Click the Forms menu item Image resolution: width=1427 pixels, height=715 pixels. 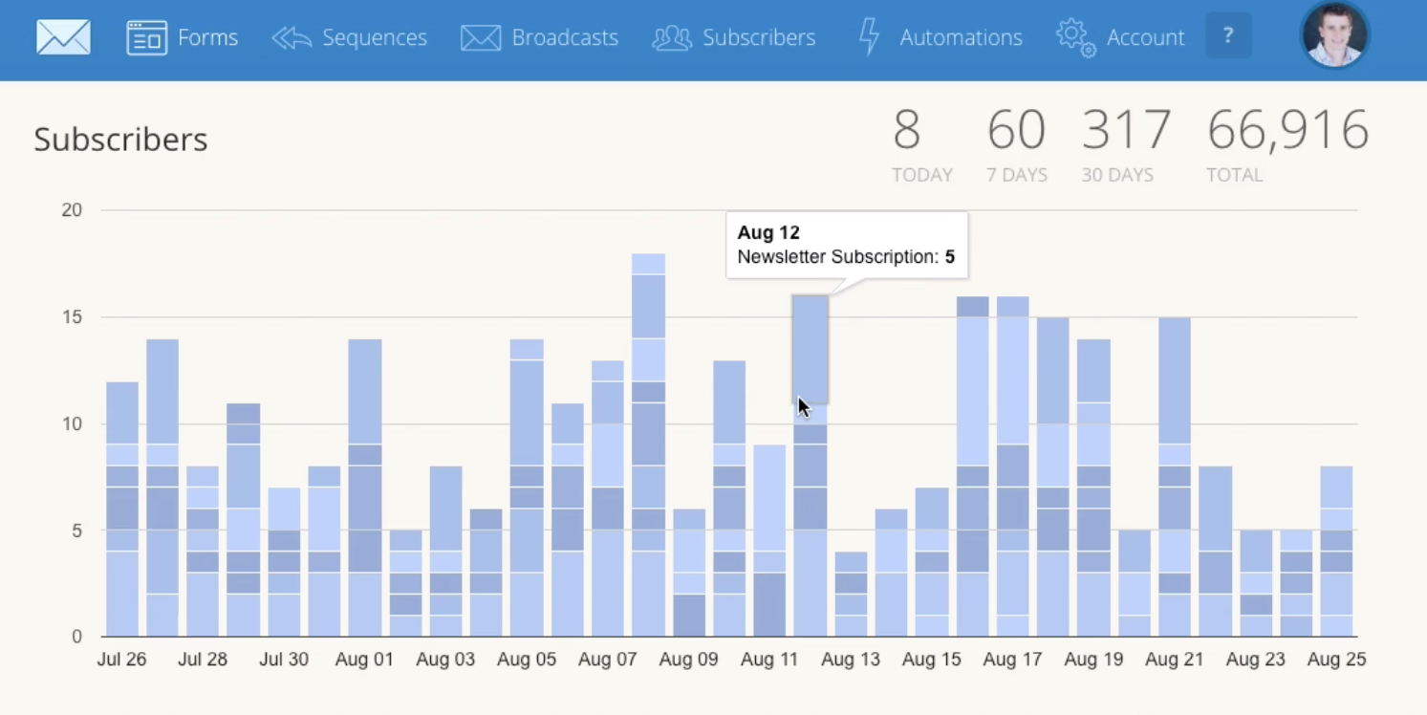pyautogui.click(x=183, y=37)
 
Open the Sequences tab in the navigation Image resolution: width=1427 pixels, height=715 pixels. pyautogui.click(x=350, y=37)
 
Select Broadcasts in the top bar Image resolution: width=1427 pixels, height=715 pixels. pyautogui.click(x=540, y=37)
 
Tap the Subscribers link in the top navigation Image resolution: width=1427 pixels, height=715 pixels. pyautogui.click(x=734, y=37)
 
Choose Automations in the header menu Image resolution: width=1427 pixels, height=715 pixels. pyautogui.click(x=941, y=37)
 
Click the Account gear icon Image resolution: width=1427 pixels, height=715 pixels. pyautogui.click(x=1075, y=37)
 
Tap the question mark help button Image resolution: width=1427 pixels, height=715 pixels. pyautogui.click(x=1228, y=36)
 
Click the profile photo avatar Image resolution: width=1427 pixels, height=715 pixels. pyautogui.click(x=1334, y=35)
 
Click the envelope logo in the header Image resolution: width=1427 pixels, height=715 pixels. pyautogui.click(x=63, y=37)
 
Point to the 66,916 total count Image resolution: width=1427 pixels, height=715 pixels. pyautogui.click(x=1287, y=130)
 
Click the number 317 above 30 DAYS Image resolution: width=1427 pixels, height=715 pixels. pyautogui.click(x=1126, y=130)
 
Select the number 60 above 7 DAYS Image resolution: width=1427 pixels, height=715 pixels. pyautogui.click(x=1016, y=130)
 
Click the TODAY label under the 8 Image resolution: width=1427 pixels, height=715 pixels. pyautogui.click(x=921, y=175)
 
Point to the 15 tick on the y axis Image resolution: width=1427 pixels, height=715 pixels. pyautogui.click(x=72, y=316)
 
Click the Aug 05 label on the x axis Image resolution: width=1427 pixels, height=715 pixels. pyautogui.click(x=527, y=660)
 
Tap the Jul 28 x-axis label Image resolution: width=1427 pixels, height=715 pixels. pyautogui.click(x=203, y=660)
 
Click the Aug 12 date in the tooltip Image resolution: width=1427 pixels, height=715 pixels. pyautogui.click(x=768, y=232)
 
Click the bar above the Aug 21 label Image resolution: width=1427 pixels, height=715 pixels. pyautogui.click(x=1175, y=478)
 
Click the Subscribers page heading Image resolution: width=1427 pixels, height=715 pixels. pyautogui.click(x=120, y=140)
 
